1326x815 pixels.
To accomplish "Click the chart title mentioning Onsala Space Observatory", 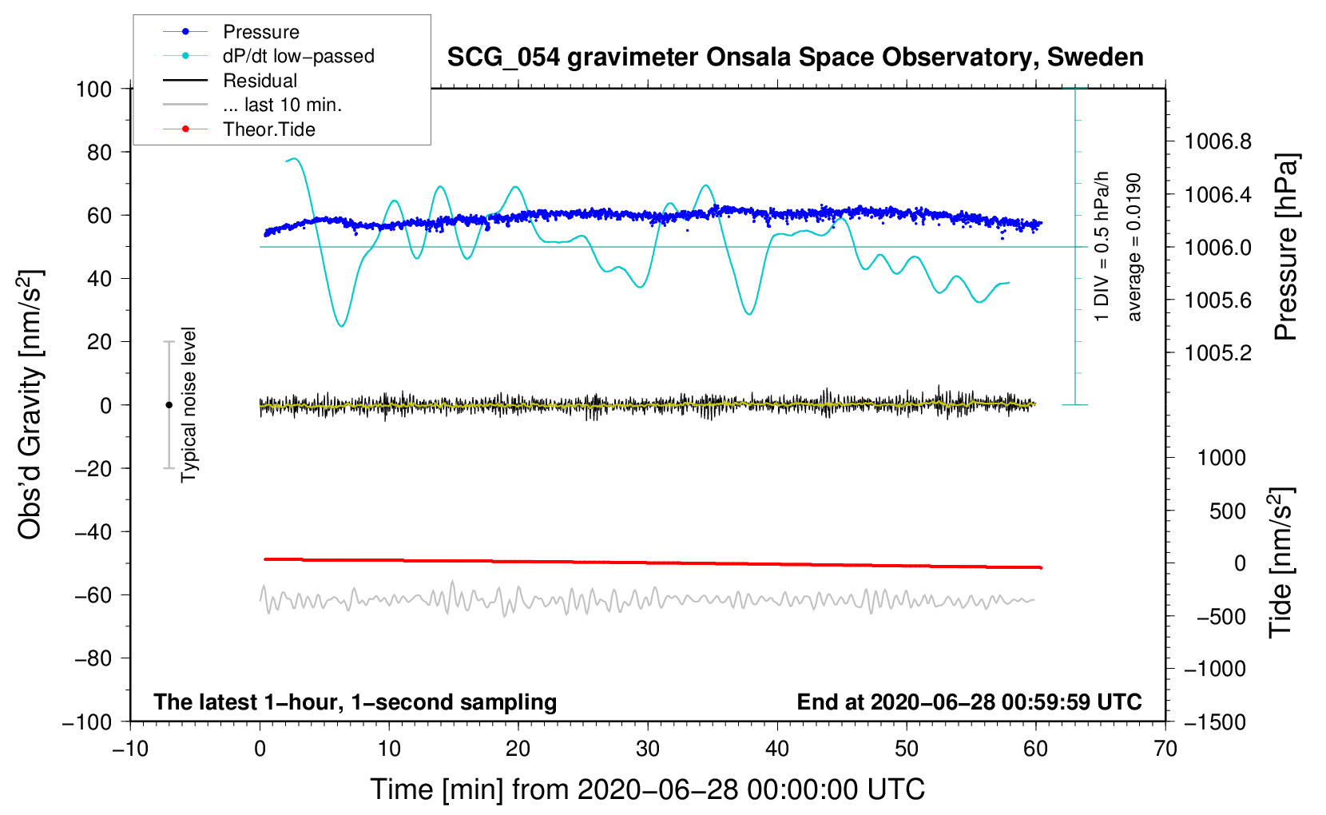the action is pos(795,57).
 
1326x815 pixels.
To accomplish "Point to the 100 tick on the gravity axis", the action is pos(93,89).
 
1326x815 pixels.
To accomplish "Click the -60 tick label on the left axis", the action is pos(93,595).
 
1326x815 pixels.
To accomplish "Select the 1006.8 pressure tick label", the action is pos(1217,141).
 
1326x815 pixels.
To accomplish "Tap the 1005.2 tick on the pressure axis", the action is pos(1217,353).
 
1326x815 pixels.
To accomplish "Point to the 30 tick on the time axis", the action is pos(648,749).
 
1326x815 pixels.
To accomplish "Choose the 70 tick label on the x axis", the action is pos(1165,749).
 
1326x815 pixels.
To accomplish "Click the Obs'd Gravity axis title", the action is pos(30,404).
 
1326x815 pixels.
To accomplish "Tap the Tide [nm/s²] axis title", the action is pos(1281,563).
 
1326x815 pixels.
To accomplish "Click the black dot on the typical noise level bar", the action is pos(169,404).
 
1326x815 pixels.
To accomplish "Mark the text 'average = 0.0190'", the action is pos(1133,247).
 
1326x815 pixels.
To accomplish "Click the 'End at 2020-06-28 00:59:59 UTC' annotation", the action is pos(969,702).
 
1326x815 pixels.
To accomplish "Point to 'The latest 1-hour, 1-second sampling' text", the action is pos(355,702).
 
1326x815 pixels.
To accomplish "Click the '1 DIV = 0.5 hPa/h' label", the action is pos(1101,247).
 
